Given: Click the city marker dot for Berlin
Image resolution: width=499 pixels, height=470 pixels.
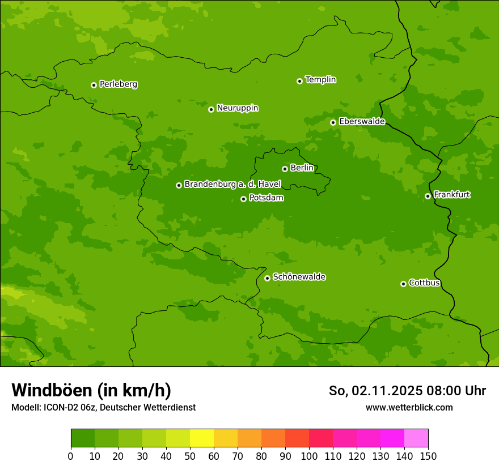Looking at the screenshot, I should (x=285, y=169).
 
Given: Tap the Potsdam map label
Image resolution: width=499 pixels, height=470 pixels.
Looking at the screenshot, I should (x=266, y=198).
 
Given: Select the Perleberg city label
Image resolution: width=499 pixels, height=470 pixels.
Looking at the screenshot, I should (x=118, y=84).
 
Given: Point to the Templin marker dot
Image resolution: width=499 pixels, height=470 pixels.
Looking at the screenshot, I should (x=299, y=81).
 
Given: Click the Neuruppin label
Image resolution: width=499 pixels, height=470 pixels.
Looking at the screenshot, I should (x=237, y=108).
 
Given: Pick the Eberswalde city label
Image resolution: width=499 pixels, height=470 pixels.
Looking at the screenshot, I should (x=362, y=122).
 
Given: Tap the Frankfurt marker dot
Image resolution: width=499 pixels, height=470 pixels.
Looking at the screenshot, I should (x=428, y=196).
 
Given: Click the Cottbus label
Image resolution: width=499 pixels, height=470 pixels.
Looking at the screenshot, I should (x=424, y=283).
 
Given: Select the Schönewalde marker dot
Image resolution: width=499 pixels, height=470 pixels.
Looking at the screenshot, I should (x=267, y=278).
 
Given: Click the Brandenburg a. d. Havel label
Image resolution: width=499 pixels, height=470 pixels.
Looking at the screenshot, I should (x=232, y=185).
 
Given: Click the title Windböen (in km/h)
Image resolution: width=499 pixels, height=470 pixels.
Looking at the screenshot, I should (x=91, y=390).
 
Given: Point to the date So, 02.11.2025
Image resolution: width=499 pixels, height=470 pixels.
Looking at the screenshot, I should (x=375, y=391).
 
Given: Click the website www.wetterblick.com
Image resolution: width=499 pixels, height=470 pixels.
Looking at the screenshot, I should (x=409, y=407).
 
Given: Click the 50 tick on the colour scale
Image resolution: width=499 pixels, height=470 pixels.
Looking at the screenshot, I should (x=190, y=456).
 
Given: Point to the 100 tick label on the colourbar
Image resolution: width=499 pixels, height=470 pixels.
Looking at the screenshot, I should (x=309, y=456).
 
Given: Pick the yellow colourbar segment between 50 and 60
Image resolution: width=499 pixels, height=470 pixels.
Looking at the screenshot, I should (x=202, y=438).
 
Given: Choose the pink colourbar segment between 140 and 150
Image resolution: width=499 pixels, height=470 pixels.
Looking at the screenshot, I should (x=416, y=438).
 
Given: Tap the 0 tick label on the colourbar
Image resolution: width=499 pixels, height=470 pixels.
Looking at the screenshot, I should (x=71, y=456).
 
